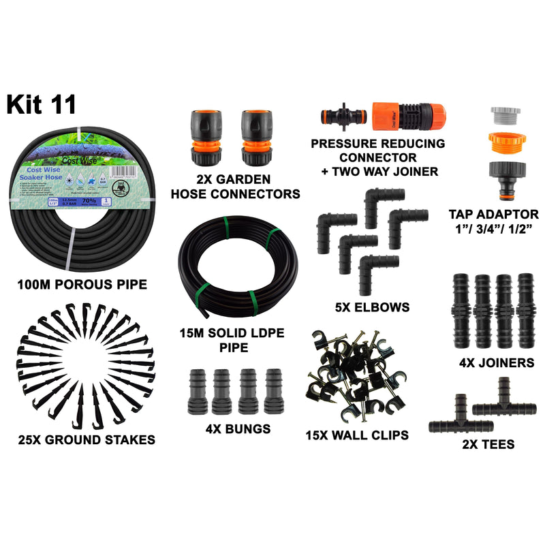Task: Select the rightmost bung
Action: (x=273, y=392)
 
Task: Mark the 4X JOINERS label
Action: (x=496, y=363)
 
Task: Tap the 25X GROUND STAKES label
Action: (x=87, y=439)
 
